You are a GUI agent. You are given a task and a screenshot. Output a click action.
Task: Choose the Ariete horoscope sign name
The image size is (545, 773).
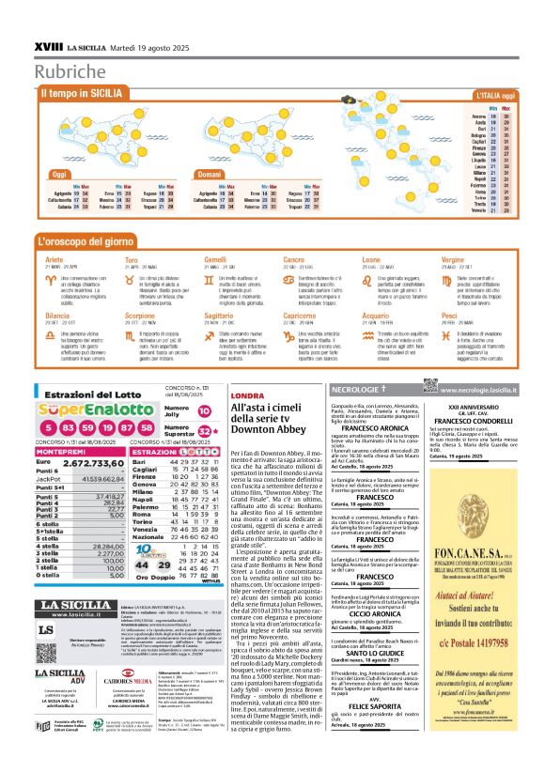[x=54, y=258]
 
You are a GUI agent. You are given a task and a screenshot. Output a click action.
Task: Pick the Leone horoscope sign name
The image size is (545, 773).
[x=370, y=258]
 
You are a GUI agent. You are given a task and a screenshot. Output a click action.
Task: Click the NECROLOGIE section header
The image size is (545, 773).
[x=371, y=388]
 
